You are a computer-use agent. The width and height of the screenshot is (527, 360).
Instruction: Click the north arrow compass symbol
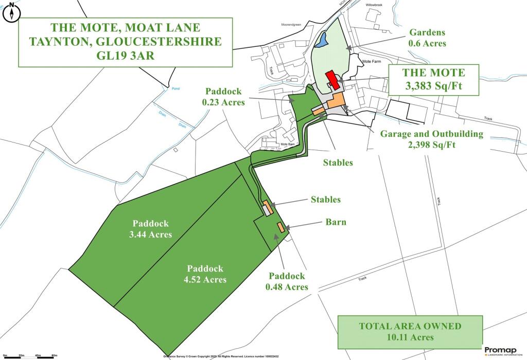(x=11, y=13)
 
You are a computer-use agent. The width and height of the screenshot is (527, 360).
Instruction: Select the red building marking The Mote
(x=332, y=80)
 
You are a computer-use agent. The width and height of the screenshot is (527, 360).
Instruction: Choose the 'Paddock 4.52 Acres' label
(x=205, y=274)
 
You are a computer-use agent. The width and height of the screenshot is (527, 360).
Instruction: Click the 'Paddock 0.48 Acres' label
(x=287, y=281)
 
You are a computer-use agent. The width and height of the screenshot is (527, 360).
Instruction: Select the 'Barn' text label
(x=335, y=222)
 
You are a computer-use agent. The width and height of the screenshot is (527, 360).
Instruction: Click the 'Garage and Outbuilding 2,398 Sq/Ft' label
(x=432, y=139)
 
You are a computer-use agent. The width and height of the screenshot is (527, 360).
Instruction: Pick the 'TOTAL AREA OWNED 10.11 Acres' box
(x=410, y=332)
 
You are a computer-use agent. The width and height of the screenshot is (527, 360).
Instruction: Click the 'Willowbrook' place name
(x=375, y=4)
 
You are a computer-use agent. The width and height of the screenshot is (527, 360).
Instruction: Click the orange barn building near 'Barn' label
(x=280, y=227)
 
